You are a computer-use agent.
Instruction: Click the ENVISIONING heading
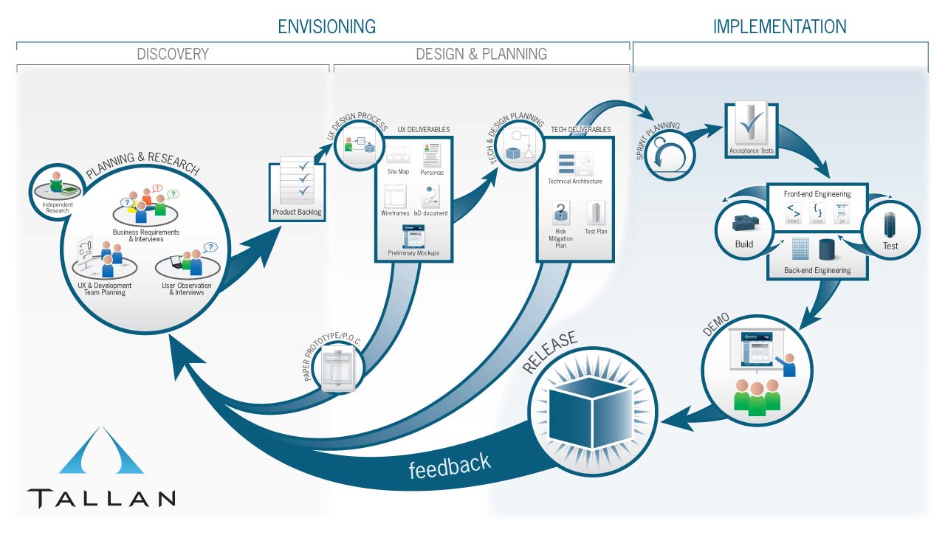coord(326,27)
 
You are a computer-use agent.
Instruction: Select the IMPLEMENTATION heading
coord(779,27)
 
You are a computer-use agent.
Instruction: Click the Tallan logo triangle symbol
coord(101,452)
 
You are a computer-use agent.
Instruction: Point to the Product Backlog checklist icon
coord(297,180)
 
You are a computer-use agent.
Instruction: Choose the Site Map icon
coord(398,156)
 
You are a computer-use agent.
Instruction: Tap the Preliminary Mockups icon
coord(413,236)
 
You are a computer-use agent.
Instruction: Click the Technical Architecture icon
coord(574,165)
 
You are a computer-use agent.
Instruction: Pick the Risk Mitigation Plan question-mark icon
coord(561,214)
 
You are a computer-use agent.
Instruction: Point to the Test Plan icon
coord(596,213)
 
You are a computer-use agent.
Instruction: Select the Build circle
coord(745,229)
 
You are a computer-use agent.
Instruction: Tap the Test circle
coord(890,230)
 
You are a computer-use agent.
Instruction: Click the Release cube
coord(591,403)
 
